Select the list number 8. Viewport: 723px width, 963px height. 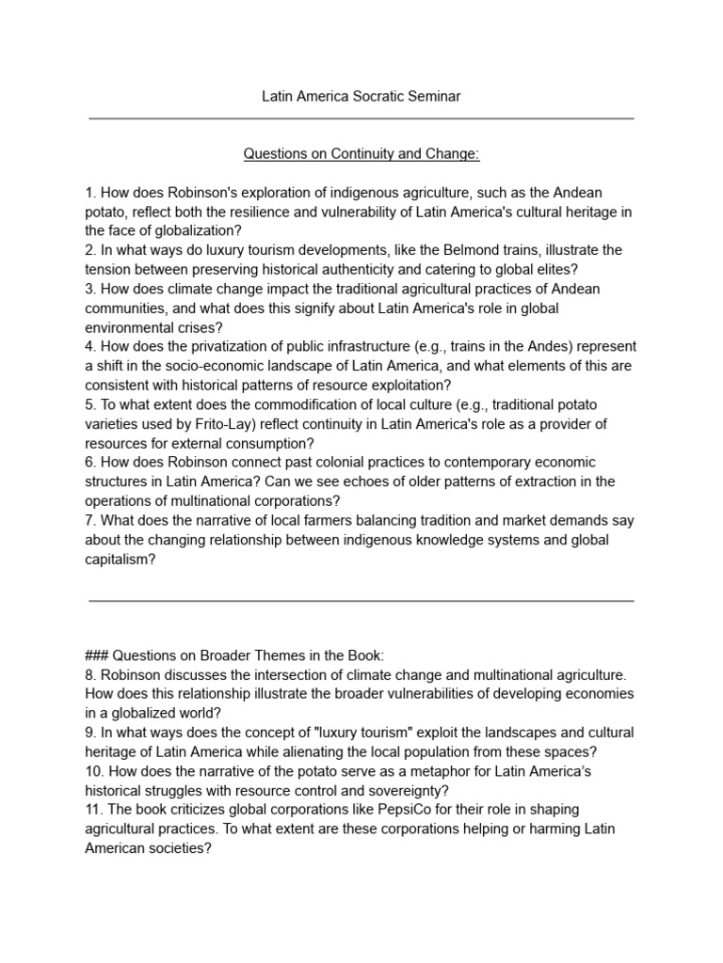tap(89, 674)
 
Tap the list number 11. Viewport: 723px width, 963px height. tap(94, 809)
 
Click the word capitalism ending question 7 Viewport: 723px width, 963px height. tap(118, 559)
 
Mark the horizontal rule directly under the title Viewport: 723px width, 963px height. tap(361, 119)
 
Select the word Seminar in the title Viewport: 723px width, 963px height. tap(433, 97)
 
